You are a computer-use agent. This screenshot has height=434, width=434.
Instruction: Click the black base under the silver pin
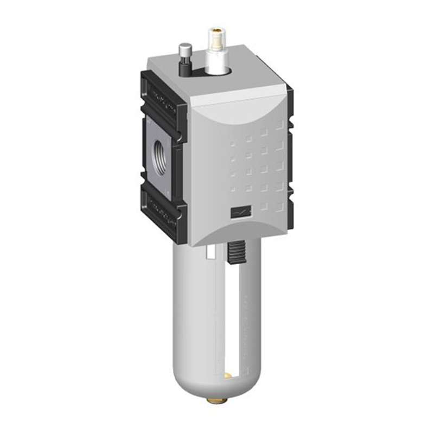pyautogui.click(x=186, y=69)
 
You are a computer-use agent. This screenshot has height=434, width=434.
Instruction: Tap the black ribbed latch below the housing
pyautogui.click(x=235, y=253)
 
